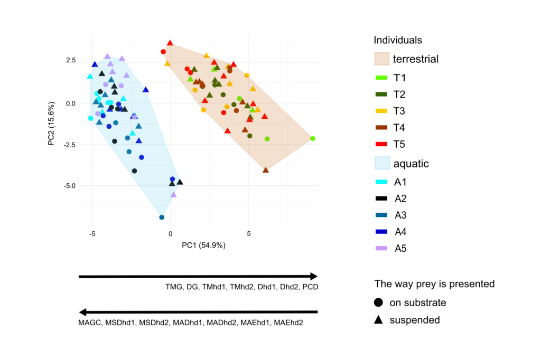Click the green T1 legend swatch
coord(381,78)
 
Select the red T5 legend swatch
coord(381,144)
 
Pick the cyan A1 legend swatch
coord(381,182)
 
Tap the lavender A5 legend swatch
coord(381,248)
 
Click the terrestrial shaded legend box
coord(381,59)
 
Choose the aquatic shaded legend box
coord(381,163)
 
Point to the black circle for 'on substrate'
coord(379,303)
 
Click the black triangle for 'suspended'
coord(379,320)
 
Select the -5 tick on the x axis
coord(92,232)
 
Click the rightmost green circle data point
coord(313,138)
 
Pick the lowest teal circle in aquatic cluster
coord(162,217)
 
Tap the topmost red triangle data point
coord(170,43)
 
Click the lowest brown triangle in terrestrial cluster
coord(266,169)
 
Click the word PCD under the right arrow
coord(309,287)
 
